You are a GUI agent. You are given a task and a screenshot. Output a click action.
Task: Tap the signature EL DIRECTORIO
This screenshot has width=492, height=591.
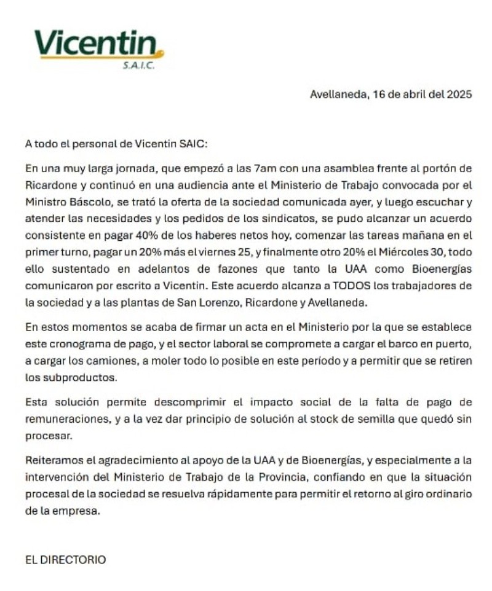pyautogui.click(x=65, y=560)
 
